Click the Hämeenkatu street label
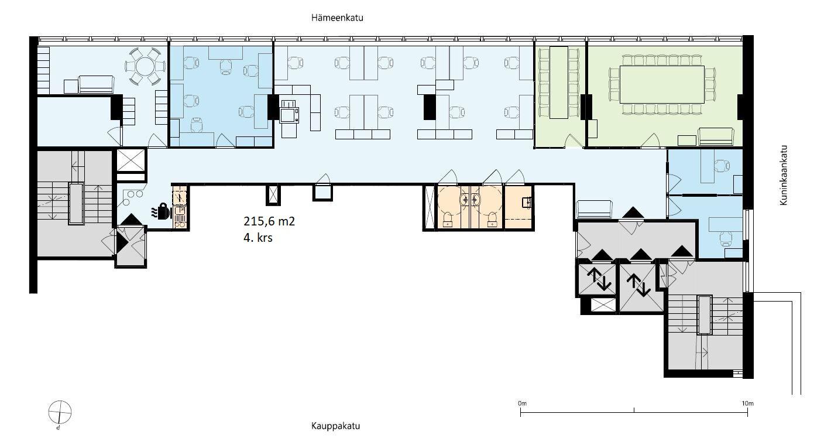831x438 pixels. pos(337,18)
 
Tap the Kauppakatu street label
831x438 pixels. pos(335,426)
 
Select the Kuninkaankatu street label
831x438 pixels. pos(783,175)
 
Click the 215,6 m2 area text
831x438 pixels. pos(269,221)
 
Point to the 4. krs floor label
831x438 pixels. pos(258,238)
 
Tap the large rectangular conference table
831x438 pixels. pos(662,84)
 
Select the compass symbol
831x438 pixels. pos(60,413)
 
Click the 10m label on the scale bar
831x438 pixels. pos(747,403)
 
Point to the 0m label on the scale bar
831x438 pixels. pos(523,403)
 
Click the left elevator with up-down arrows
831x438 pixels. pos(596,280)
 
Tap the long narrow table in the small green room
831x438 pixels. pos(559,83)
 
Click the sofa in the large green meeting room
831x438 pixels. pos(716,136)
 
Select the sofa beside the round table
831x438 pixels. pos(96,84)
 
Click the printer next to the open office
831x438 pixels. pos(289,111)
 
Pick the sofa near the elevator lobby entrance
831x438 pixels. pos(593,210)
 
